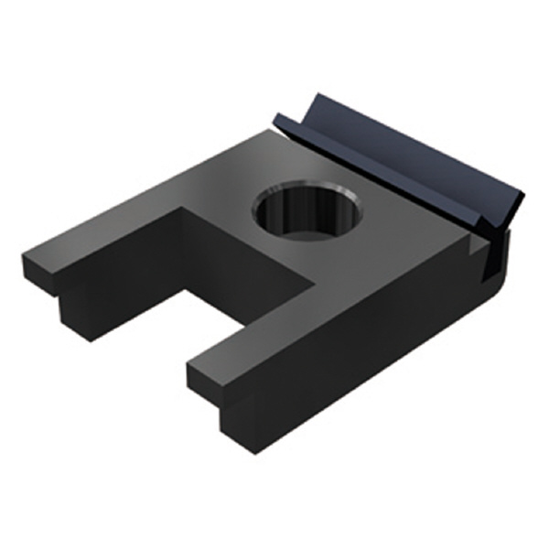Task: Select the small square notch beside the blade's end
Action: (478, 245)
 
